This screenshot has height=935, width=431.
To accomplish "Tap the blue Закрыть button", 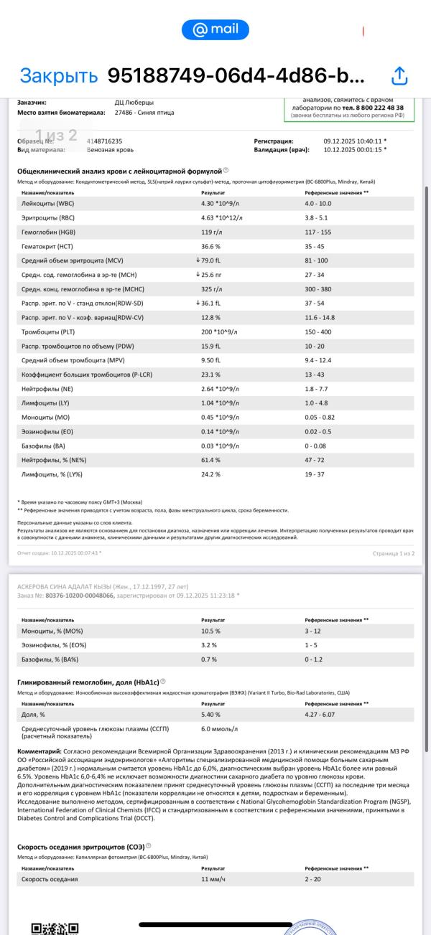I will point(58,75).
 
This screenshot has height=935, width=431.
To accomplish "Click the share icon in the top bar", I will point(399,75).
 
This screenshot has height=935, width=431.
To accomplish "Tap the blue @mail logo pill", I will point(215,29).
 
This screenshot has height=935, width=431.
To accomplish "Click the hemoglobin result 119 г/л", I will point(212,232).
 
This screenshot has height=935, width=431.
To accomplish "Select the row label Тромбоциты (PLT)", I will point(47,332).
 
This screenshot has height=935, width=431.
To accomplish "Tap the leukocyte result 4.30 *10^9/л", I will point(222,204).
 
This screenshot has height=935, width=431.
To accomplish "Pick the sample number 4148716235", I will point(104,141).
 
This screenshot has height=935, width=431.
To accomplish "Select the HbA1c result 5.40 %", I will point(210,715).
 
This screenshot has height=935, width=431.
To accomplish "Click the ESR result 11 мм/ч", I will point(213,879).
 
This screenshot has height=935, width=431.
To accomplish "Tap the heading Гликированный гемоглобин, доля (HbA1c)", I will point(88,682).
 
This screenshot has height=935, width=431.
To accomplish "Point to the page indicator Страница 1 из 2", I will point(394,553).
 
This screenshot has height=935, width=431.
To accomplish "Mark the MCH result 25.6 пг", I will point(214,275).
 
